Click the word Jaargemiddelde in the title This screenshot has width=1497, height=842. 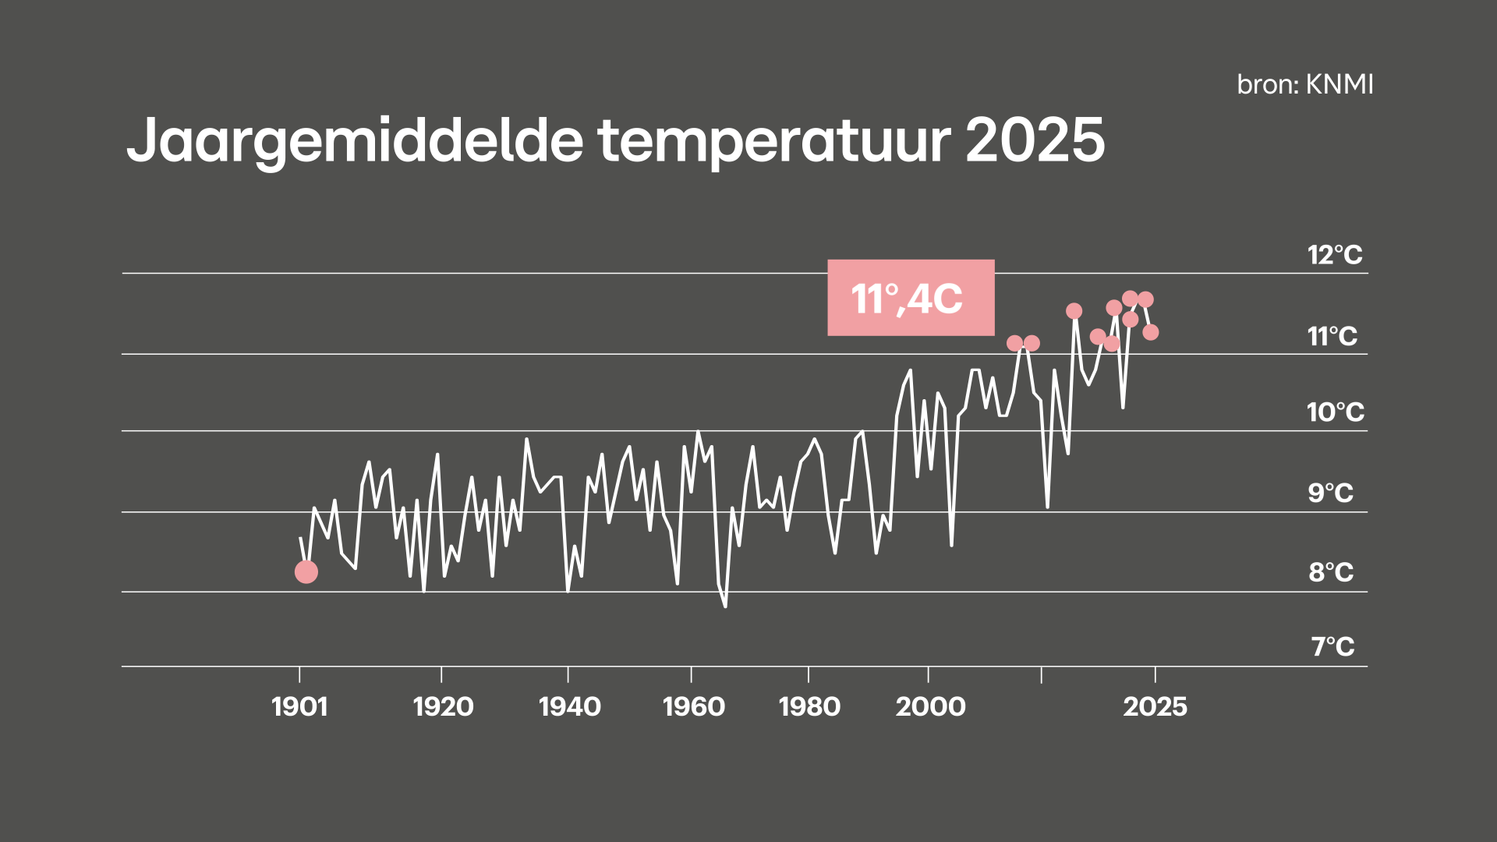pyautogui.click(x=355, y=141)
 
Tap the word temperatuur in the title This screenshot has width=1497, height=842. pyautogui.click(x=774, y=141)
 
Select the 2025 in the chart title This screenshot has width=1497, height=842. pyautogui.click(x=1035, y=140)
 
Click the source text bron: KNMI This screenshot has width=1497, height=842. pyautogui.click(x=1305, y=84)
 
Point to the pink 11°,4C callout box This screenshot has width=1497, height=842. pyautogui.click(x=911, y=298)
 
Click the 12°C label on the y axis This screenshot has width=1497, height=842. pyautogui.click(x=1335, y=255)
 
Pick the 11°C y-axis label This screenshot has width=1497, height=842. pyautogui.click(x=1332, y=337)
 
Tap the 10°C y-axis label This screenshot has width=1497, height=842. pyautogui.click(x=1336, y=412)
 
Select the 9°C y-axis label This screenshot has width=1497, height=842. pyautogui.click(x=1331, y=494)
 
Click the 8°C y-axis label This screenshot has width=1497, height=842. pyautogui.click(x=1331, y=573)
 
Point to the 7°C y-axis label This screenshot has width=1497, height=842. pyautogui.click(x=1332, y=647)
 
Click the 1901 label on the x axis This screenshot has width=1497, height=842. pyautogui.click(x=299, y=707)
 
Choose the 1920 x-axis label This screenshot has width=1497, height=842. pyautogui.click(x=443, y=707)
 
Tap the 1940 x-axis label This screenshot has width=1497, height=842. pyautogui.click(x=569, y=707)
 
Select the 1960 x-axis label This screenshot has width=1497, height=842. pyautogui.click(x=693, y=707)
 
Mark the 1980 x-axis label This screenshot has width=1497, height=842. pyautogui.click(x=809, y=707)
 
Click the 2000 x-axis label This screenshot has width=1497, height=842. pyautogui.click(x=930, y=707)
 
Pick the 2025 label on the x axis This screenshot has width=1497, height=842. pyautogui.click(x=1155, y=707)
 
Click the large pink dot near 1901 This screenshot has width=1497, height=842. pyautogui.click(x=306, y=572)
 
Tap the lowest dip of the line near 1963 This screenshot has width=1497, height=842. pyautogui.click(x=725, y=606)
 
